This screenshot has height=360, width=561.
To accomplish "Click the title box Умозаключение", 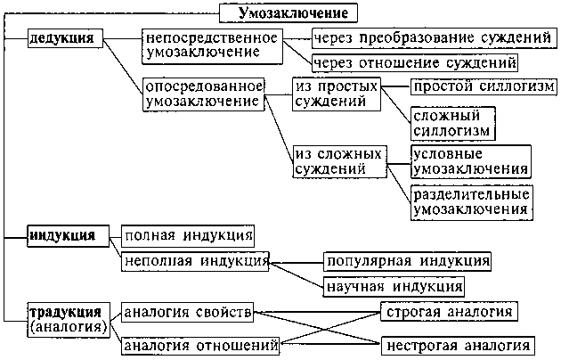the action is (x=289, y=13).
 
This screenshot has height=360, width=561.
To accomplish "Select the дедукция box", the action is (x=66, y=38).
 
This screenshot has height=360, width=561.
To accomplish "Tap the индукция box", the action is (x=69, y=236).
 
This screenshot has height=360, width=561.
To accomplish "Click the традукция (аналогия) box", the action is (x=69, y=320).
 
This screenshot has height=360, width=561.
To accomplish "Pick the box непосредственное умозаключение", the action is (x=212, y=46).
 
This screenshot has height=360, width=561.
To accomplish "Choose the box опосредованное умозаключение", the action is (x=204, y=94).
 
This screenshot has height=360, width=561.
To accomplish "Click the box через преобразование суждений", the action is (x=434, y=38).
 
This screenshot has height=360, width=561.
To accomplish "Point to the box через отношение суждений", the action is (x=415, y=63).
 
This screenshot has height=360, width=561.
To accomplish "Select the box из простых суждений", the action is (x=337, y=94).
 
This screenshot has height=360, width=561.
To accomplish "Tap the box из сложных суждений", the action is (x=340, y=161).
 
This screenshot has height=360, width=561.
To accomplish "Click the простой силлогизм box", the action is (x=484, y=86).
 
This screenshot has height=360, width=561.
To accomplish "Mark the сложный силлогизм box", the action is (x=452, y=123).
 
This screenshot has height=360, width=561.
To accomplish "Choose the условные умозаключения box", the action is (x=471, y=161).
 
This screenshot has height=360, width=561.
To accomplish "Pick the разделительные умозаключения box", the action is (x=472, y=202).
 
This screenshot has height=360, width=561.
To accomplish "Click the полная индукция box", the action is (x=188, y=236).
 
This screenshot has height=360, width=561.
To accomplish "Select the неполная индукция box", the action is (x=195, y=261).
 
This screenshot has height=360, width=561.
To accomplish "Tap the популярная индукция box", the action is (x=407, y=261).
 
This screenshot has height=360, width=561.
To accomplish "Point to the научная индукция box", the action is (x=394, y=287).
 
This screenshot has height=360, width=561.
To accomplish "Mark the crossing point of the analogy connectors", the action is (x=325, y=329).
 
